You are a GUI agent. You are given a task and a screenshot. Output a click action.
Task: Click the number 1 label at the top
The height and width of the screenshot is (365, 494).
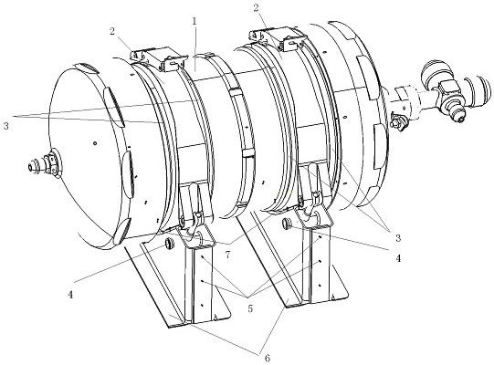tap(194, 21)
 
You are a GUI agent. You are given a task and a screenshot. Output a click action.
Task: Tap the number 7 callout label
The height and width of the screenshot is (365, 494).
tap(227, 255)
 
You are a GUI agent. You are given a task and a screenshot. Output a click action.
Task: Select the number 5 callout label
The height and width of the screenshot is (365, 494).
tap(250, 308)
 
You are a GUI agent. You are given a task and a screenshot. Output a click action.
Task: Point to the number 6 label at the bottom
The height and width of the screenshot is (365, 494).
tap(268, 358)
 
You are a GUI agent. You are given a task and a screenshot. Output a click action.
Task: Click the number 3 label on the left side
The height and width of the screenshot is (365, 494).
tap(6, 126)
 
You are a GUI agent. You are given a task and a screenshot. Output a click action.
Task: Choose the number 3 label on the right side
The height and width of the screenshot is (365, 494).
tap(398, 238)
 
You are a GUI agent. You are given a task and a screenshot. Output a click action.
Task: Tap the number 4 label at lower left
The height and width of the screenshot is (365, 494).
tap(70, 295)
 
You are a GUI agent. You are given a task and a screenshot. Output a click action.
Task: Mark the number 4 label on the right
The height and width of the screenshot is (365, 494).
tap(398, 258)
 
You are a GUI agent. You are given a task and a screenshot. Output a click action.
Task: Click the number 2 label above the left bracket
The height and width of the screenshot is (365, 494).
tap(112, 32)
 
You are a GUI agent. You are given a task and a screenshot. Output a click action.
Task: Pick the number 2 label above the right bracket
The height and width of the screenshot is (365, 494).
tap(256, 7)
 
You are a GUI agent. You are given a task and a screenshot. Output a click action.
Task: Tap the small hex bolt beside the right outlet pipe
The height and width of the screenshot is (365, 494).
tap(397, 121)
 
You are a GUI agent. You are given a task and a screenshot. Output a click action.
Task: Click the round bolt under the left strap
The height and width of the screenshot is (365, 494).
tap(170, 244)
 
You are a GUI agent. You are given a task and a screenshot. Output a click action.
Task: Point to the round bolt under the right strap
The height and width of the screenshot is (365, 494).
tap(287, 224)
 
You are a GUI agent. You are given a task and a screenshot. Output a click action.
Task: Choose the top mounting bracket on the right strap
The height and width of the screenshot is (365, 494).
tap(278, 38)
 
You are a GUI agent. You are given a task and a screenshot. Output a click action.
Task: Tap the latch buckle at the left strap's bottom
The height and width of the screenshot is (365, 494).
tap(193, 217)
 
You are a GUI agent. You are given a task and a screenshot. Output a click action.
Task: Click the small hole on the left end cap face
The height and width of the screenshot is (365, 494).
tap(95, 143)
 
